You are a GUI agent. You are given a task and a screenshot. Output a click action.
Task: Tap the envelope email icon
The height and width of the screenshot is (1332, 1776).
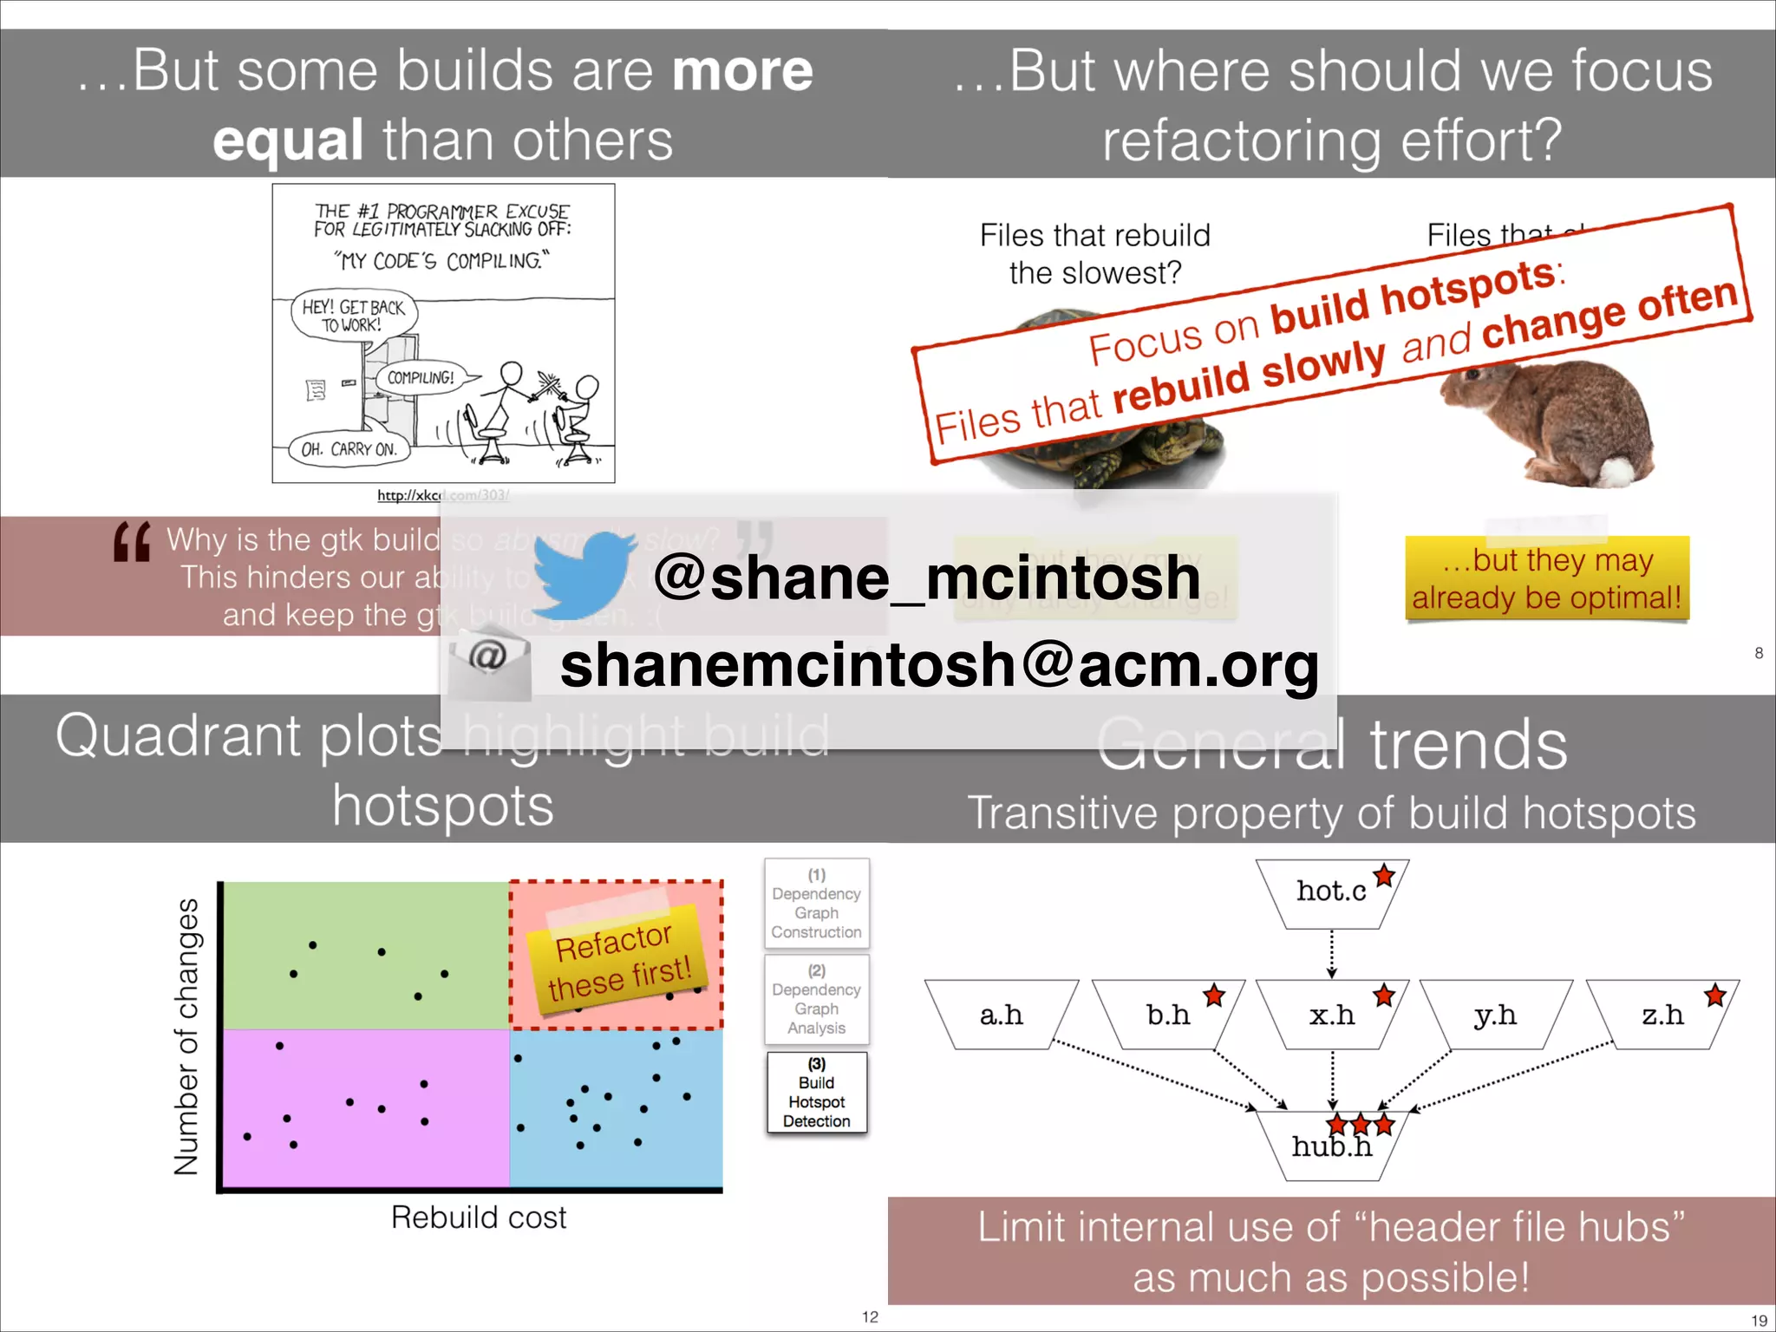point(490,661)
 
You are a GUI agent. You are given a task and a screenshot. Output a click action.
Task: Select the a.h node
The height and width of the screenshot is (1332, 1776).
point(1001,1015)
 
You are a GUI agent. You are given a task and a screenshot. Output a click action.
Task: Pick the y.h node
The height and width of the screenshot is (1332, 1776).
point(1495,1015)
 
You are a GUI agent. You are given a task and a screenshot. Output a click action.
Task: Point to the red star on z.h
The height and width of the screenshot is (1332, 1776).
point(1714,996)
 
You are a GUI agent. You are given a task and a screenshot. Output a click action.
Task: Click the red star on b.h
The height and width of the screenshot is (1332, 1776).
point(1214,996)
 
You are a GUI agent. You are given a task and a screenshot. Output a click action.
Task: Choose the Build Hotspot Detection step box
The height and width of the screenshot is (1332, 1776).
point(816,1093)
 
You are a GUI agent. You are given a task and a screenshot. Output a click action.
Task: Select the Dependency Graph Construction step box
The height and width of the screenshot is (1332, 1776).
point(816,904)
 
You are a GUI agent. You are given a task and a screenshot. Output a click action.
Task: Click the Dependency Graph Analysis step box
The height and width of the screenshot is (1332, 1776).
point(816,999)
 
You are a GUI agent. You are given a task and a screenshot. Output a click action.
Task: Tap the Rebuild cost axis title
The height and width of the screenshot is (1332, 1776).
point(479,1218)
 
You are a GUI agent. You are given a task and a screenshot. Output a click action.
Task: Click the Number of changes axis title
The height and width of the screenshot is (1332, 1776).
point(187,1036)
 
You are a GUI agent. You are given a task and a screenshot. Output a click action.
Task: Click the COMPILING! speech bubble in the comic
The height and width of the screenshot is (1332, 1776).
point(421,378)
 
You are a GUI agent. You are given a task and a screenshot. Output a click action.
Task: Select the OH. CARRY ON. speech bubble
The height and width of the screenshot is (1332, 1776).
point(349,449)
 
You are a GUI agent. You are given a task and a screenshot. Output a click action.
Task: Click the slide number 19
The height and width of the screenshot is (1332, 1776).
point(1759,1321)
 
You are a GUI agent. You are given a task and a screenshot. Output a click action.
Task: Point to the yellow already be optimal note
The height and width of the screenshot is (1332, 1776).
point(1547,578)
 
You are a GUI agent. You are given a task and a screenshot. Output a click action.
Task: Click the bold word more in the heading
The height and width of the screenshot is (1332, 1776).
point(742,71)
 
